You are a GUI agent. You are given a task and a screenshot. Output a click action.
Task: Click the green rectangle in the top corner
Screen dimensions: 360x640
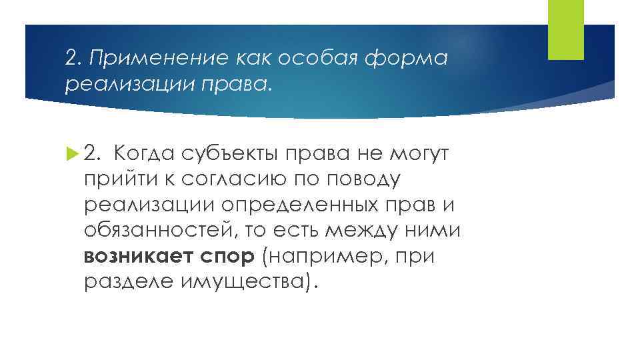tap(565, 29)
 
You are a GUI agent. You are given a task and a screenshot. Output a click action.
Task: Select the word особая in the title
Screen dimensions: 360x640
tap(303, 59)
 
